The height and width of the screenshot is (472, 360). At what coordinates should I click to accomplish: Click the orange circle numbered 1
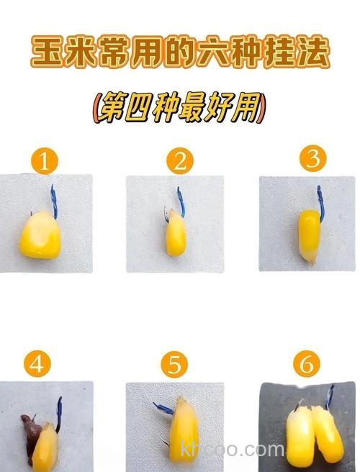coord(45,163)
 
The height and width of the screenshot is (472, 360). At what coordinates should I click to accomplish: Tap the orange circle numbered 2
coord(179,162)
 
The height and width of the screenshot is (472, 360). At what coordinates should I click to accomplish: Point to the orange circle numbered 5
coord(174,366)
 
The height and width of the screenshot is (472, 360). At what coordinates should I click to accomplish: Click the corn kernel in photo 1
coord(42,235)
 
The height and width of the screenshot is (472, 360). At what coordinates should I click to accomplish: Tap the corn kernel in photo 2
coord(176,236)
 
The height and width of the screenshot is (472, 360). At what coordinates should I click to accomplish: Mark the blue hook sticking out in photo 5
coord(163,409)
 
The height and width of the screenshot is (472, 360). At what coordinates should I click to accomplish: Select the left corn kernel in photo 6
coord(301,436)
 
